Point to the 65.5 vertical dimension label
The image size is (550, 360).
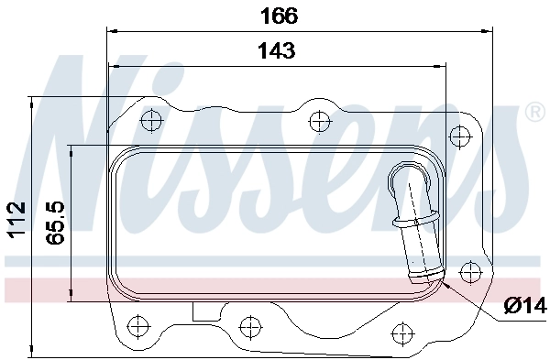[x=54, y=223]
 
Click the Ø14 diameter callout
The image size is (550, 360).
[x=524, y=305]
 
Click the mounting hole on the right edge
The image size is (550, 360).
[x=469, y=270]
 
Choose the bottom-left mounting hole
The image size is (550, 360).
[x=138, y=324]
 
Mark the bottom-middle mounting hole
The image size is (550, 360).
[x=248, y=325]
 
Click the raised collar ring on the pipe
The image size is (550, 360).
[x=413, y=220]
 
